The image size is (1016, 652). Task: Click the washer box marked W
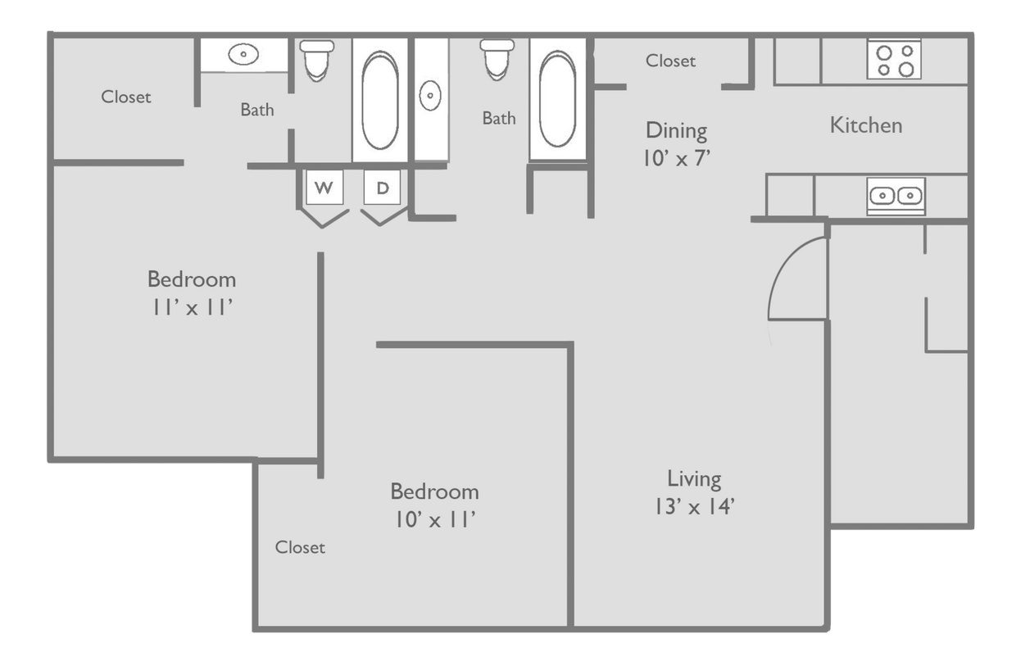324,188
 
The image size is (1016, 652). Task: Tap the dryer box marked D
383,188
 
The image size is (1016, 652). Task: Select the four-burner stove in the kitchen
894,60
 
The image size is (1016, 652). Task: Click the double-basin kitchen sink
896,196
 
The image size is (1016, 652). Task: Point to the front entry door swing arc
795,278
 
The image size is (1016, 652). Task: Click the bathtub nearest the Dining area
557,99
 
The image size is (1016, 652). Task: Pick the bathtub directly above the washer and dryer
379,100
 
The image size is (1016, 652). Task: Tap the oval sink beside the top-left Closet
243,55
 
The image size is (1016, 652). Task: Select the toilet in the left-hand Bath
316,60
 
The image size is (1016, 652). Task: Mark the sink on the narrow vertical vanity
430,96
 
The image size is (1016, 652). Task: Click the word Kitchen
866,125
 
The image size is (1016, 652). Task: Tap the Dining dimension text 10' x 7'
676,157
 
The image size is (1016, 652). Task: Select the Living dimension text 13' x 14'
693,506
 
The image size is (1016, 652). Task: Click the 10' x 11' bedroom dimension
434,519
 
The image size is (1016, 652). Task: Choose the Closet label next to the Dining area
670,61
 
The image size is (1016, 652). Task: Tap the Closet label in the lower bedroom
300,547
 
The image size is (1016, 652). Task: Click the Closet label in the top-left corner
126,97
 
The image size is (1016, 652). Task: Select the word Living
694,478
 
